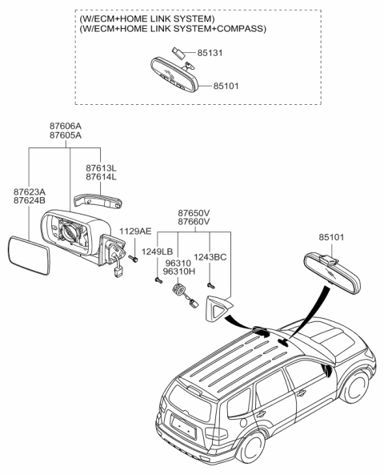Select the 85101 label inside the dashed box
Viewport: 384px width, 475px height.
[228, 85]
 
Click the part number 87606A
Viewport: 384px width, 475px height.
[66, 127]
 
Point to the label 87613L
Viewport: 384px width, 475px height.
[102, 167]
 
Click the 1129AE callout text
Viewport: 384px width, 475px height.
[135, 231]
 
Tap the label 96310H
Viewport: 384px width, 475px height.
[178, 272]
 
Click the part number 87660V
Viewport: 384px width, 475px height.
[194, 221]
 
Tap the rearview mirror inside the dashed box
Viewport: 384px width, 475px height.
[177, 75]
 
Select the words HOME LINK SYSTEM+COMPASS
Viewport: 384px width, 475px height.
[209, 29]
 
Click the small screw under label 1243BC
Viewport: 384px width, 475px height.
[210, 284]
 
